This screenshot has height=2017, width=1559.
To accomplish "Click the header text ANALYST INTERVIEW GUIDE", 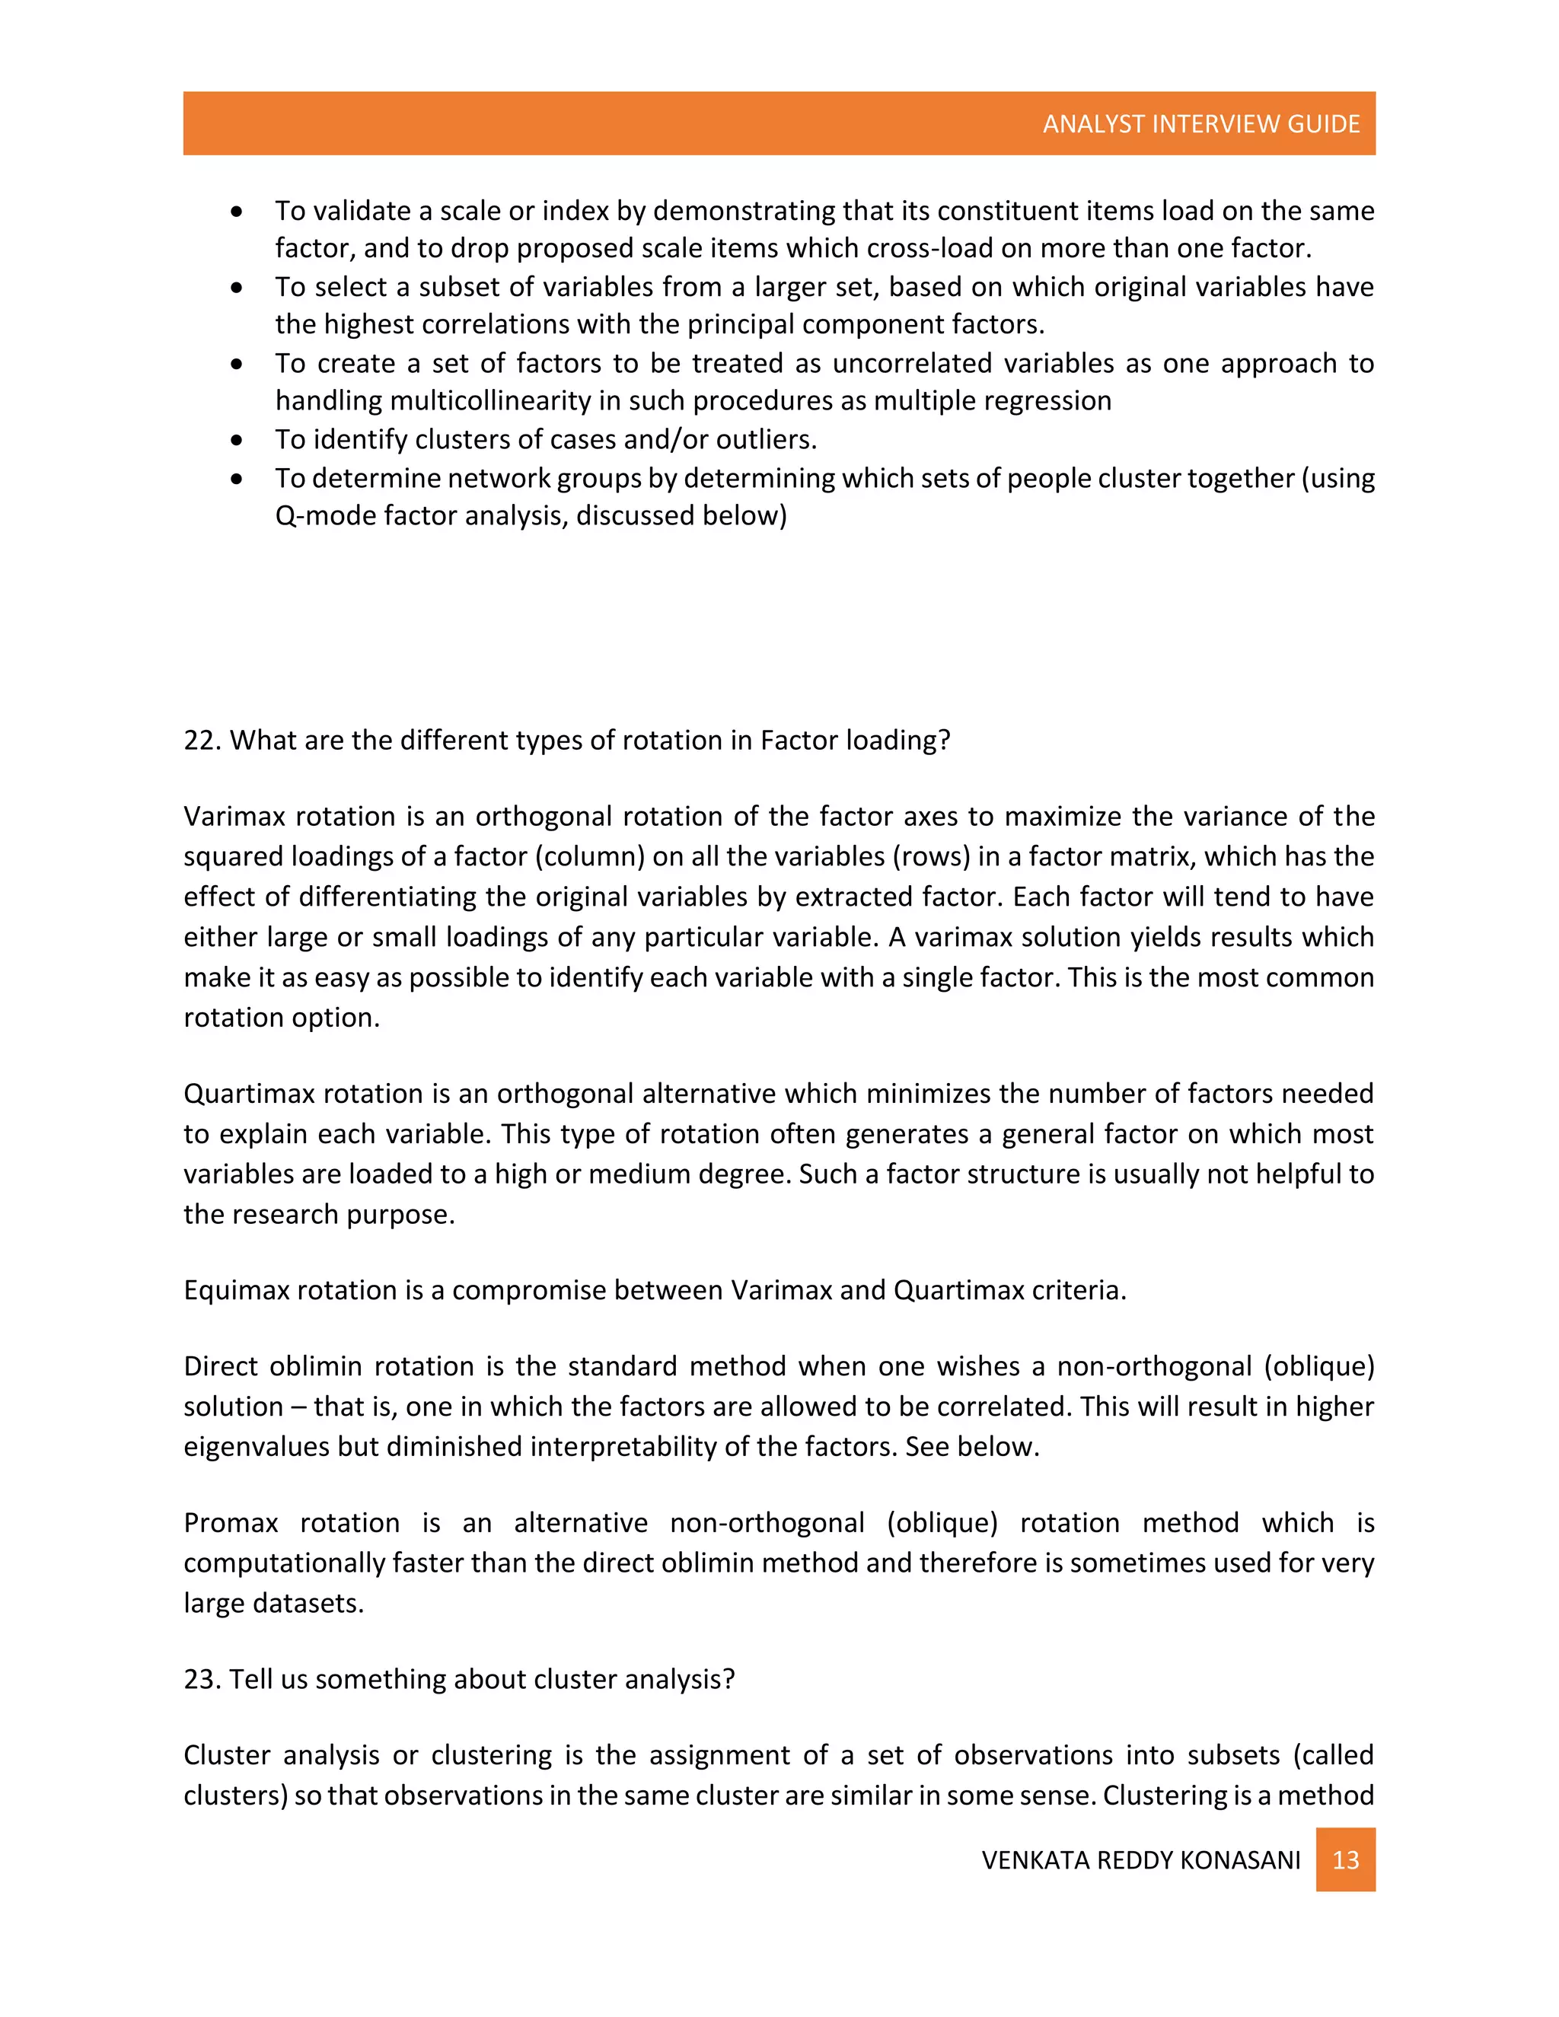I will point(1200,124).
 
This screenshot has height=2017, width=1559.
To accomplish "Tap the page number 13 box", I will point(1345,1860).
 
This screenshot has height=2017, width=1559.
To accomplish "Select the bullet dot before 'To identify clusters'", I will point(238,441).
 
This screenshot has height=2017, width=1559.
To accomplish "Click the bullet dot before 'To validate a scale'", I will point(238,212).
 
